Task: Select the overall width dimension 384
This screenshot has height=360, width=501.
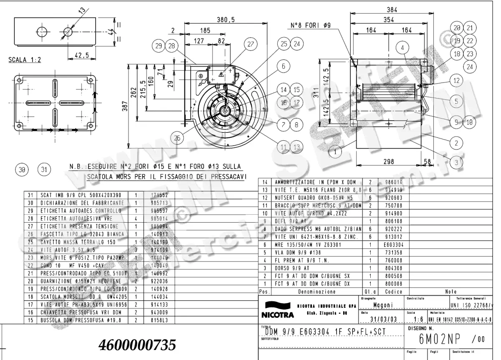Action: pyautogui.click(x=391, y=10)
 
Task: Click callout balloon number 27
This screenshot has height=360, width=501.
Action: pyautogui.click(x=250, y=44)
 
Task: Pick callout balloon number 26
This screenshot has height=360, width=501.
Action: pyautogui.click(x=178, y=138)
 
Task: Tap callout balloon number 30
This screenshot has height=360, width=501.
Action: pyautogui.click(x=22, y=169)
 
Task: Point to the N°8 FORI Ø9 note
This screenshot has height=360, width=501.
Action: pyautogui.click(x=311, y=25)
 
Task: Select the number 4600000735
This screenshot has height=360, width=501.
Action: pyautogui.click(x=137, y=345)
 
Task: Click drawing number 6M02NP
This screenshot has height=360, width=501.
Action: pyautogui.click(x=438, y=340)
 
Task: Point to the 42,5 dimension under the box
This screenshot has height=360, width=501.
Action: pyautogui.click(x=82, y=54)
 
